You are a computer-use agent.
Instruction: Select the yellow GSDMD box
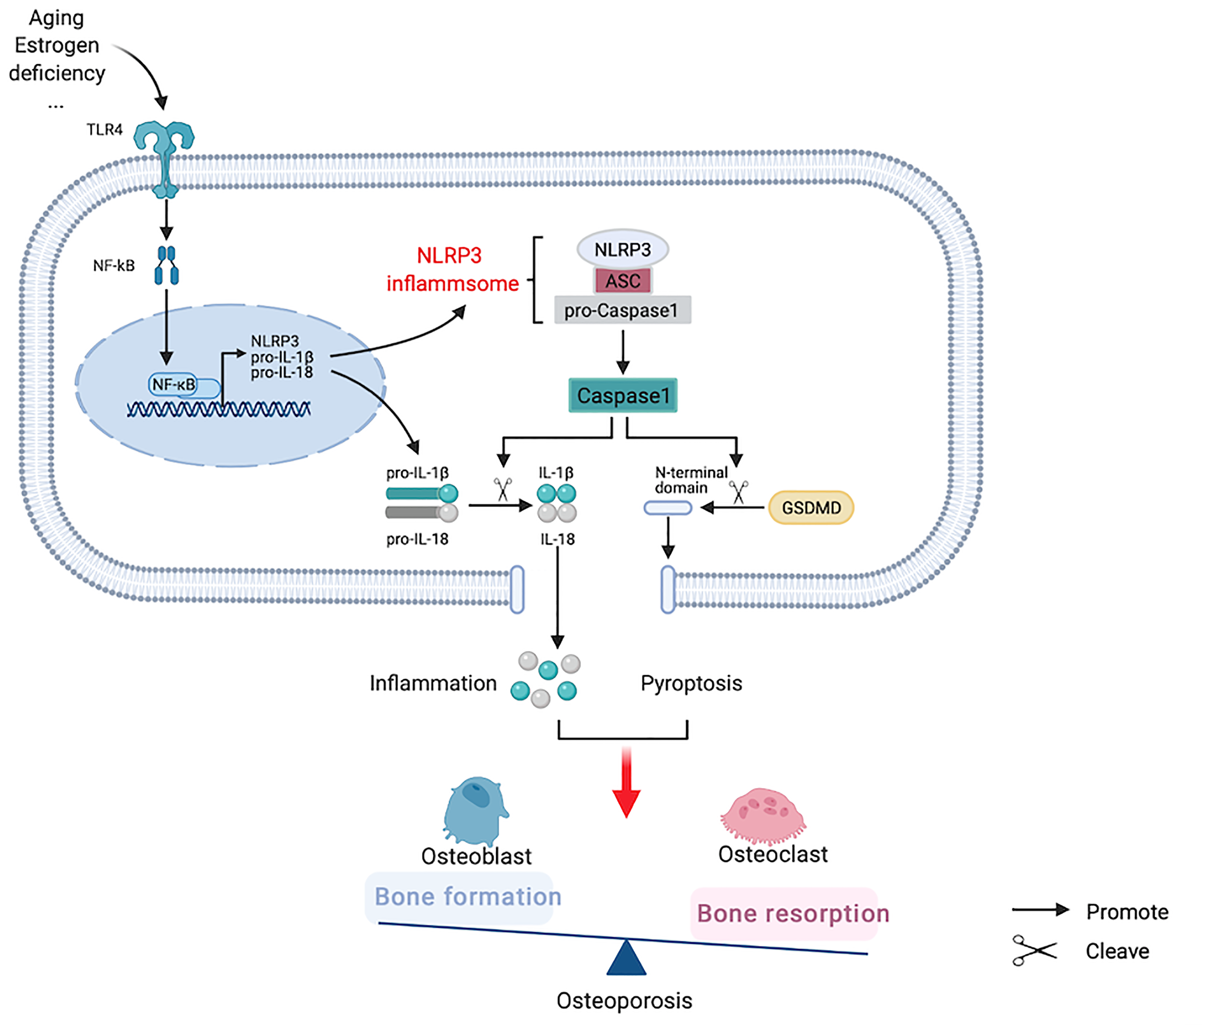tap(811, 508)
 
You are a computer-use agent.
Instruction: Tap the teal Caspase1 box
tap(622, 395)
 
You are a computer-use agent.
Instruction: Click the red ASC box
tap(622, 281)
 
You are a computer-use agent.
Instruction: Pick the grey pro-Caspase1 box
tap(622, 310)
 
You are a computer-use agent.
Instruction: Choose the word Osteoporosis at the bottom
tap(624, 1001)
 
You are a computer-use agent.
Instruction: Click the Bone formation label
tap(467, 897)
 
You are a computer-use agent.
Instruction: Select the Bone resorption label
tap(793, 913)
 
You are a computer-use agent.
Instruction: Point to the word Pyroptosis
tap(691, 683)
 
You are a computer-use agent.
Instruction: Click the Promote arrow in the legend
tap(1040, 910)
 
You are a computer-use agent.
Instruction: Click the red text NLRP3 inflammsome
tap(452, 270)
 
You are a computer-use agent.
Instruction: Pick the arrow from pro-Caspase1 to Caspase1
tap(622, 351)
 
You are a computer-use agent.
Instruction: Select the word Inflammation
tap(432, 683)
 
